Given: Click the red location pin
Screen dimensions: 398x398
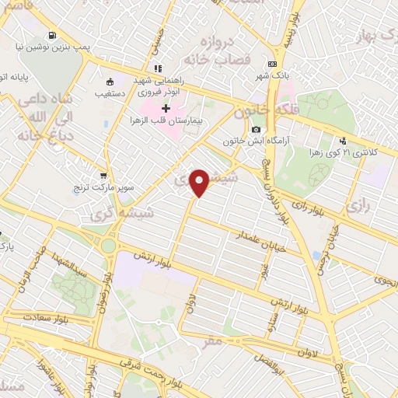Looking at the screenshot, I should pos(200,183).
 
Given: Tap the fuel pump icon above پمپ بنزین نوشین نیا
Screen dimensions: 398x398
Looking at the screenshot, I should pos(53,35).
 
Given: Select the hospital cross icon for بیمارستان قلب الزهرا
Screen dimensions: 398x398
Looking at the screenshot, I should pos(166,107).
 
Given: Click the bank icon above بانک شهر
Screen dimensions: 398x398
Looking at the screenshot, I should pos(272,65).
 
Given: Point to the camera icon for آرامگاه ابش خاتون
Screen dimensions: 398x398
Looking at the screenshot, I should pos(256,129).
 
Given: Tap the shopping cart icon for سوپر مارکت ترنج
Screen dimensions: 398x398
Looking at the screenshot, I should pos(104,175).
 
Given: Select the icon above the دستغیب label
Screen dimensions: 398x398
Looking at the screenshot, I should pos(110,81).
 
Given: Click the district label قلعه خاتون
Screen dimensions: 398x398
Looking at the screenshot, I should pos(269,110).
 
